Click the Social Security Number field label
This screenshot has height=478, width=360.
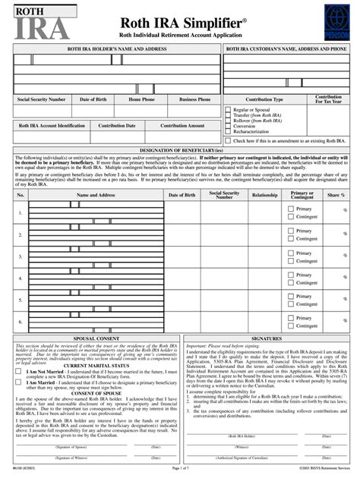coord(41,99)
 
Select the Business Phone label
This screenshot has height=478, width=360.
coord(195,99)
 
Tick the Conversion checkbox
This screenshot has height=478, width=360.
coord(228,126)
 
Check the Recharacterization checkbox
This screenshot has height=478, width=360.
coord(228,131)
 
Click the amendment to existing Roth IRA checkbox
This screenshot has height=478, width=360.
coord(228,140)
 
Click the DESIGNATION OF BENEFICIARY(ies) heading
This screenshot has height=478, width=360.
coord(180,150)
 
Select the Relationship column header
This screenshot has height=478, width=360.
coord(265,195)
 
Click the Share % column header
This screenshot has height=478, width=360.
coord(333,195)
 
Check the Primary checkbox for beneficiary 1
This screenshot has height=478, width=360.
coord(291,209)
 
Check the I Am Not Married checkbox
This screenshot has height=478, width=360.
coord(19,372)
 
